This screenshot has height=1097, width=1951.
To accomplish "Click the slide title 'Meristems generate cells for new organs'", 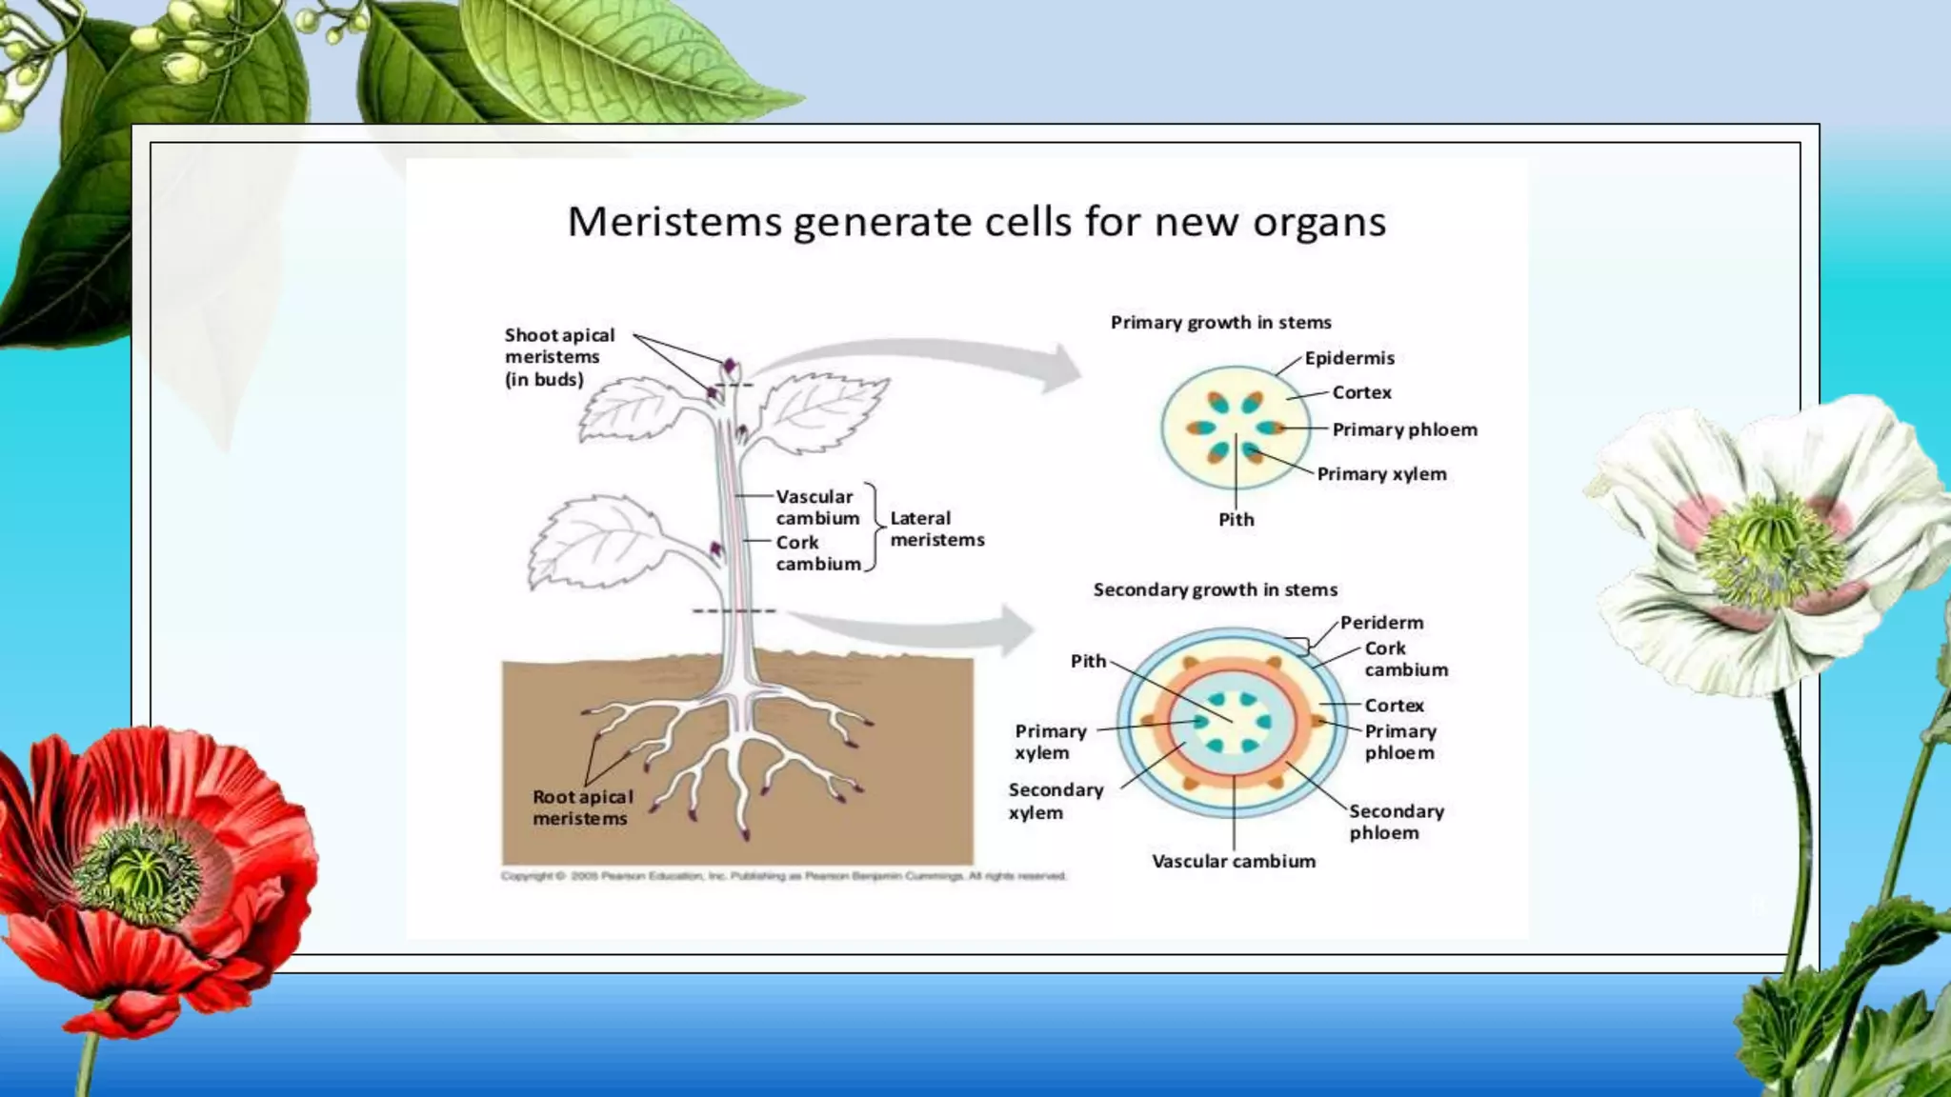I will coord(976,223).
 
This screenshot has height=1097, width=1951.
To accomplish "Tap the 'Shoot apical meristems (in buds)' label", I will coord(559,357).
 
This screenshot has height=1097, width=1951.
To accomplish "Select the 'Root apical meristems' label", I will coord(582,808).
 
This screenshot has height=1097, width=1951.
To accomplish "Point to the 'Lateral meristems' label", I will coord(936,529).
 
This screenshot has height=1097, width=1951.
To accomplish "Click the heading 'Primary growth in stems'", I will coord(1220,323).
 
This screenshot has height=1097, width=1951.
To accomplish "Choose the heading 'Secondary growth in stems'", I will coord(1215,589).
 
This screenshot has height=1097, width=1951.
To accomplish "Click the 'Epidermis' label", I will coord(1349,358).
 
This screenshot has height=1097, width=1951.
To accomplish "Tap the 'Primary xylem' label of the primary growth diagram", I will coord(1381,474).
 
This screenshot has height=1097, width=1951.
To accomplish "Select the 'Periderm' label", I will coord(1381,623).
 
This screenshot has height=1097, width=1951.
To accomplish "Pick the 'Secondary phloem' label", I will coord(1396,822).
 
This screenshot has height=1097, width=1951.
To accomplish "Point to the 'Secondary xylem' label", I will coord(1056,801).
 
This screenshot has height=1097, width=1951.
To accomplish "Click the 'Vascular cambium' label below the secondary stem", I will coord(1234,862).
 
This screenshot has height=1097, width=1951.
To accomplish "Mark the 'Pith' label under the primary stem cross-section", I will coord(1237,520).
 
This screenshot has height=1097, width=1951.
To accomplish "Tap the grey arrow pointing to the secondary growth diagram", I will coord(924,628).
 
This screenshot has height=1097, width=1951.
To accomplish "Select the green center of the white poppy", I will coord(1770,552).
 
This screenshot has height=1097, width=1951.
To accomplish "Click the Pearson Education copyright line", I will coord(783,876).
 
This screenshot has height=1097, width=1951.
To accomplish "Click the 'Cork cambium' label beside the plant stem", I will coord(817,553).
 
